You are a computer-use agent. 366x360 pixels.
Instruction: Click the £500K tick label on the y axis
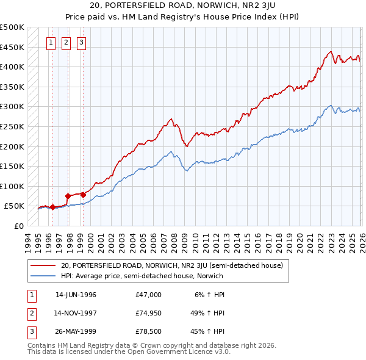coord(12,27)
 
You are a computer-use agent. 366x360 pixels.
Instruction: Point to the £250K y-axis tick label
coord(12,126)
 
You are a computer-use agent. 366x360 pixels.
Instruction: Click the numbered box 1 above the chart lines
coord(50,43)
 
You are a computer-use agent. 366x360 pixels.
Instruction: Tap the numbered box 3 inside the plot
coord(81,43)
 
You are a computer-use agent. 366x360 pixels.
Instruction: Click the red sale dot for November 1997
coord(66,196)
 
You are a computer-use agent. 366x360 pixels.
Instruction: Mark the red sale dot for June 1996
coord(52,207)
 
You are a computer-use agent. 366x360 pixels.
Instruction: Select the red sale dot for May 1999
coord(82,195)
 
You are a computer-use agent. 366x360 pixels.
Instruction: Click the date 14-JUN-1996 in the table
coord(76,295)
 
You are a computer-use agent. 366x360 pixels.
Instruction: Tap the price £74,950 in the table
coord(148,313)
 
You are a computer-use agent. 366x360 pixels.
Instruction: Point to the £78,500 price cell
coord(148,331)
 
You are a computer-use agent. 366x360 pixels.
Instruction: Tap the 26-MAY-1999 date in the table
coord(76,331)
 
